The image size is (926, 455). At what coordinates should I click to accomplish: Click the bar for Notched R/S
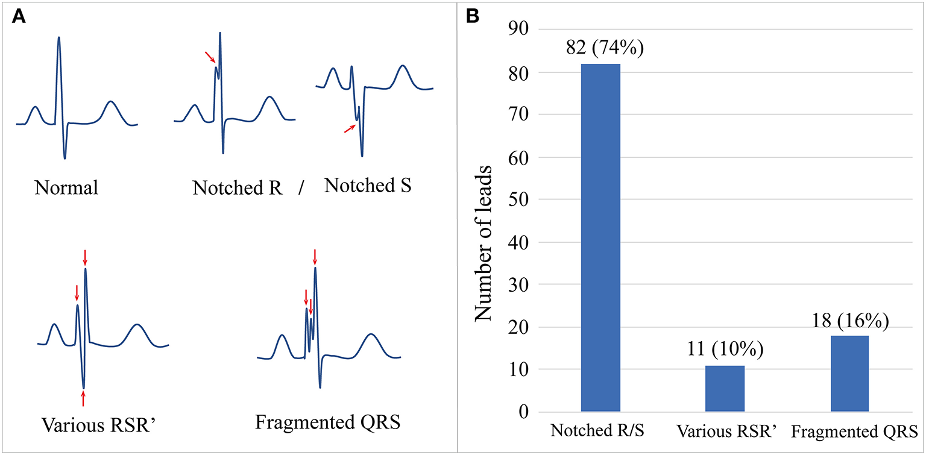pyautogui.click(x=600, y=238)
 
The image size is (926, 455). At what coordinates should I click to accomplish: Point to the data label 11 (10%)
pyautogui.click(x=726, y=350)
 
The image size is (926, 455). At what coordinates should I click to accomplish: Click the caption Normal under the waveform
pyautogui.click(x=66, y=188)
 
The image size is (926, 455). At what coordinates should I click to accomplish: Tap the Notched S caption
pyautogui.click(x=368, y=186)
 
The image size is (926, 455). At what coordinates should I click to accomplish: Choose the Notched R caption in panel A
pyautogui.click(x=238, y=188)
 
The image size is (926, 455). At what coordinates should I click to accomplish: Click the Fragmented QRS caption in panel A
pyautogui.click(x=327, y=422)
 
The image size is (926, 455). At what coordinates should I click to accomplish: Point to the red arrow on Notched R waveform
pyautogui.click(x=209, y=57)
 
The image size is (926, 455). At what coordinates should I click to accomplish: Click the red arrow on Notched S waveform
pyautogui.click(x=350, y=128)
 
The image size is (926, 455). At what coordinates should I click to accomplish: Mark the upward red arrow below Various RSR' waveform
pyautogui.click(x=83, y=398)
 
